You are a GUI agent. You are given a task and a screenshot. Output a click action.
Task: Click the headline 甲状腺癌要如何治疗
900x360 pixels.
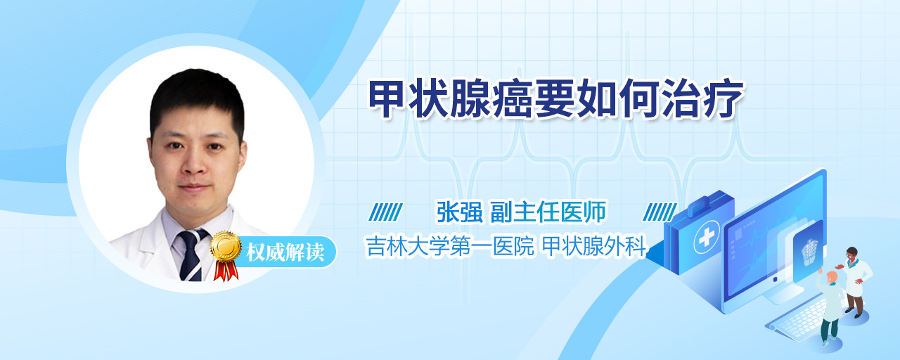point(556,99)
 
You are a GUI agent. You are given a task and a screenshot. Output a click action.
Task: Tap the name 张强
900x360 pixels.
point(460,212)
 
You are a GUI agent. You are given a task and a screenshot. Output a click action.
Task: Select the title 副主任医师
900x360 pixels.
point(548,212)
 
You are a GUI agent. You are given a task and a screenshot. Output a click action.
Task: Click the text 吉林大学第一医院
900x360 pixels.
point(450,246)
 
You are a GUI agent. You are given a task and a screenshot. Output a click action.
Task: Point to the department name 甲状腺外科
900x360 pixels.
point(594,246)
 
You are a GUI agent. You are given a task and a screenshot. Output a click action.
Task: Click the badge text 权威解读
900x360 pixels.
point(285,252)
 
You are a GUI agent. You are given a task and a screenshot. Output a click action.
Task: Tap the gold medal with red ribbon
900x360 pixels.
point(226,255)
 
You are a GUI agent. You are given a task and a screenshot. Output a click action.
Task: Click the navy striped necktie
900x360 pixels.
point(192,255)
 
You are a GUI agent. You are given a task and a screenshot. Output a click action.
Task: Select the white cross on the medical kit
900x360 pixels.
point(707,237)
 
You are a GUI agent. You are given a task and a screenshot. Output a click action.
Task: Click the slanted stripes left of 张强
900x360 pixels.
point(386,212)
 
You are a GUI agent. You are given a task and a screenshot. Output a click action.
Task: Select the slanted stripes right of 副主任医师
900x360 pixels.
point(660,212)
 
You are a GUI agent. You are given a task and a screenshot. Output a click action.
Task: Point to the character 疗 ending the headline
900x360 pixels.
point(724,99)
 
